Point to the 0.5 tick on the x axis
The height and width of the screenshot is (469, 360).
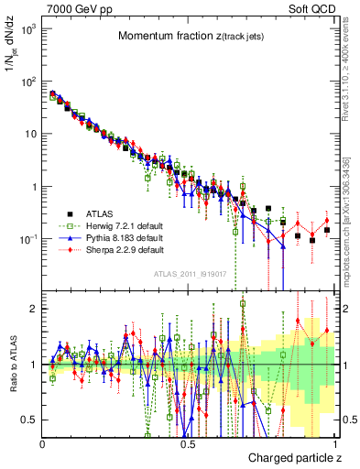(x=188, y=445)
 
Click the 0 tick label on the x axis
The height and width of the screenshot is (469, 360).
(x=43, y=445)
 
